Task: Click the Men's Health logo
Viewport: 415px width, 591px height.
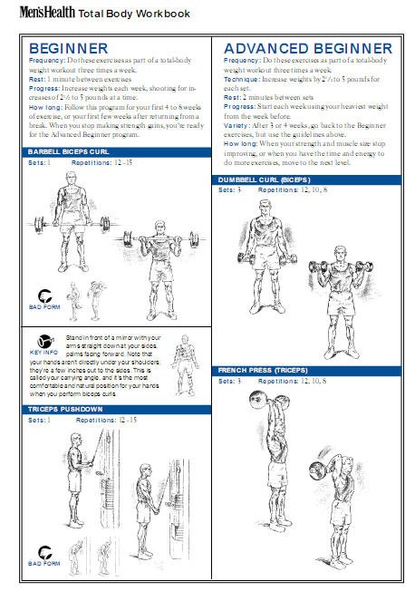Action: coord(47,12)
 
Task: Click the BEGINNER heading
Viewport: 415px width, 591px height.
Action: coord(69,48)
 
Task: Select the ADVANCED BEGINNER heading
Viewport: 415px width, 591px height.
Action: coord(308,48)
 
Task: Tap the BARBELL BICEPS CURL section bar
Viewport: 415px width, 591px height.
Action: coord(117,152)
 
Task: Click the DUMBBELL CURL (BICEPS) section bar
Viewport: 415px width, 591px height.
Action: coord(307,179)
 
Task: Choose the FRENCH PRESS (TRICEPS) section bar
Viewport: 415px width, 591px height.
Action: coord(307,371)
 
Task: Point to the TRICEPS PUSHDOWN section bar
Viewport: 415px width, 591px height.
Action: coord(117,410)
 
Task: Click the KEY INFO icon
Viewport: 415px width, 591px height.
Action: coord(45,342)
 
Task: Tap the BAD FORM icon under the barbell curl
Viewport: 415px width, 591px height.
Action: coord(44,295)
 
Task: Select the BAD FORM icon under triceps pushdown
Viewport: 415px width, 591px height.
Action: coord(44,553)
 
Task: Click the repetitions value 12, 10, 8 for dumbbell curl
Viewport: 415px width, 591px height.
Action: coord(314,190)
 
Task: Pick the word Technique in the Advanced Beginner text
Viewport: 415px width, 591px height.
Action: coord(242,79)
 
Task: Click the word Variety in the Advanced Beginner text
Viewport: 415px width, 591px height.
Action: coord(236,125)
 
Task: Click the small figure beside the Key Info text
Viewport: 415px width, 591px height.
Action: coord(185,365)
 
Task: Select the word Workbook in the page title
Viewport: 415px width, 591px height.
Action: coord(163,14)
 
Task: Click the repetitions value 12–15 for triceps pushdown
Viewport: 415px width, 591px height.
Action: coord(128,420)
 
